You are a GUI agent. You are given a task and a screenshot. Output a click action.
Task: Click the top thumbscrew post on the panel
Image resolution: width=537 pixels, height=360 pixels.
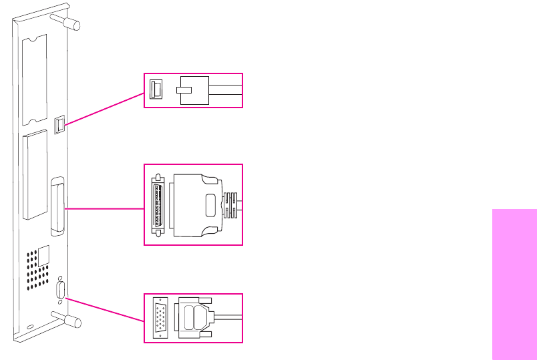coord(70,22)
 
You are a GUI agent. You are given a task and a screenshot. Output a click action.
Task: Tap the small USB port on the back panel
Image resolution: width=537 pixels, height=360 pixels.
coord(59,124)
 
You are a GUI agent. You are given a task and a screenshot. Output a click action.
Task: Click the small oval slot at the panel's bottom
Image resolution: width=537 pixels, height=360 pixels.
coord(31,327)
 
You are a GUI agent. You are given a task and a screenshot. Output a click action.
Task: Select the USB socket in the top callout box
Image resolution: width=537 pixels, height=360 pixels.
coord(154,90)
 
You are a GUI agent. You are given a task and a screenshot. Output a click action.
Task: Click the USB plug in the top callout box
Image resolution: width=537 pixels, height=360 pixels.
coord(193,90)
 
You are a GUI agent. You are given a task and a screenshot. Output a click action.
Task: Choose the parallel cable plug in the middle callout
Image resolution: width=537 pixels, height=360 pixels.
coord(198,204)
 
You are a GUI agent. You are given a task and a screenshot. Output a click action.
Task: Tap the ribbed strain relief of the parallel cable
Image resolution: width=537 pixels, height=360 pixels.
coord(231,204)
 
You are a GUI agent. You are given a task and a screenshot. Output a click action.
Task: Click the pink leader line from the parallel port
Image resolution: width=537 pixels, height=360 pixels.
coord(104,208)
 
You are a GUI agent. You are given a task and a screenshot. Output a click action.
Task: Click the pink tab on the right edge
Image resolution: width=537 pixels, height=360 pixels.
coord(514,284)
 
